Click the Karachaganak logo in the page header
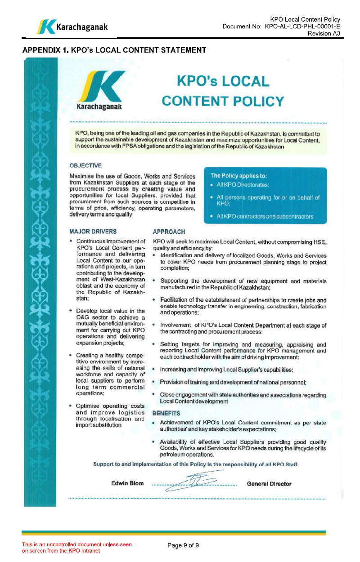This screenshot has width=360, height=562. (x=72, y=27)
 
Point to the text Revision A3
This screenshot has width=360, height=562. (x=324, y=34)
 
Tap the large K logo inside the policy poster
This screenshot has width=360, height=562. (x=102, y=90)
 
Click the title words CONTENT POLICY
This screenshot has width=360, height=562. (x=223, y=101)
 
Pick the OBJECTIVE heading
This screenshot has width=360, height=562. (x=85, y=165)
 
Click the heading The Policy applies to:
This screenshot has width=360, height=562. (x=242, y=175)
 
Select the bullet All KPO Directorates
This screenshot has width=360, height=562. (x=243, y=185)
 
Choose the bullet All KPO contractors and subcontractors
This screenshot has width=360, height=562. (x=265, y=217)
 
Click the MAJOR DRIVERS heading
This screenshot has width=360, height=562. (x=93, y=232)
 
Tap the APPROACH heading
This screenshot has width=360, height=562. (x=169, y=232)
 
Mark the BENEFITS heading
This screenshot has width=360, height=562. (x=166, y=413)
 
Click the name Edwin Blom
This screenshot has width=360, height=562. (x=127, y=484)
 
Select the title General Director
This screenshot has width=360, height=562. (x=269, y=484)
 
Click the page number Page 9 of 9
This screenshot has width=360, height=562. (x=183, y=545)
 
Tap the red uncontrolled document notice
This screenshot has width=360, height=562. (x=77, y=548)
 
